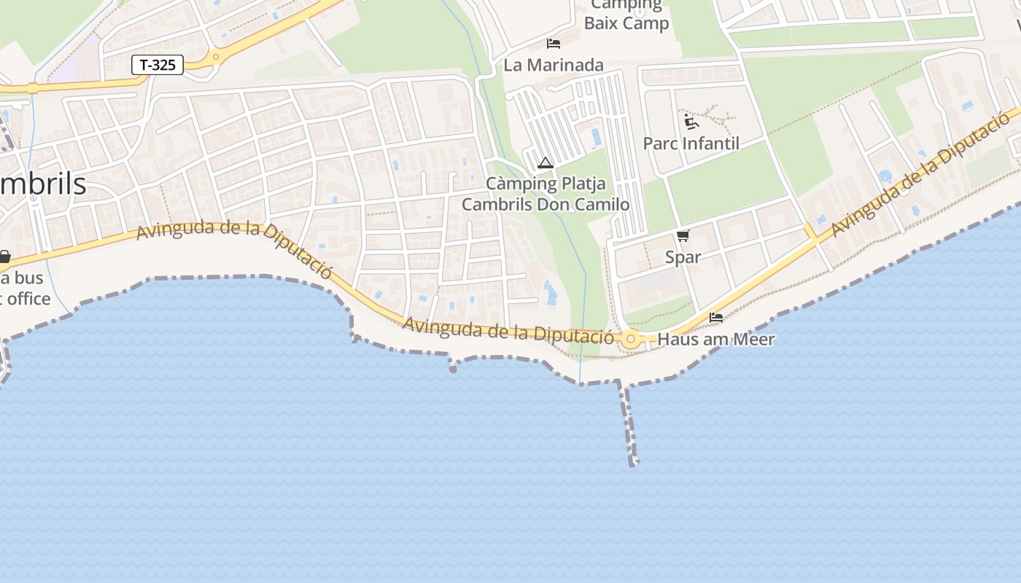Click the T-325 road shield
click(x=157, y=65)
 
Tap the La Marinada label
click(x=554, y=65)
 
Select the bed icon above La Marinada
click(x=554, y=43)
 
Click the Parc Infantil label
click(x=691, y=144)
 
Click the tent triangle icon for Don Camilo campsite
click(x=545, y=163)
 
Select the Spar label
click(x=683, y=257)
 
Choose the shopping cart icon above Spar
click(x=683, y=235)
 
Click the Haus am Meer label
click(x=716, y=340)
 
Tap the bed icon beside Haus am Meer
click(x=716, y=318)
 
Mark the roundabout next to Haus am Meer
click(x=631, y=339)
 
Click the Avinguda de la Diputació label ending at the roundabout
click(x=508, y=330)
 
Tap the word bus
click(x=28, y=278)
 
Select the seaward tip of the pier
click(x=634, y=461)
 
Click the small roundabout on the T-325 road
click(x=216, y=56)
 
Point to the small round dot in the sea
click(x=453, y=369)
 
